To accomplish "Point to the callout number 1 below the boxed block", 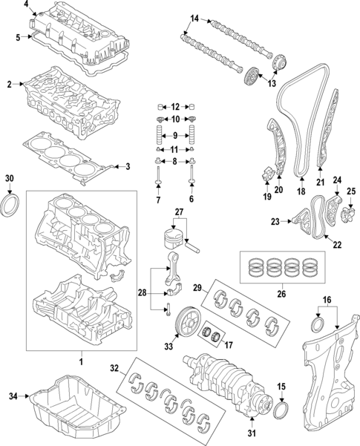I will [x=81, y=361].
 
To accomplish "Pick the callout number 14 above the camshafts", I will [x=194, y=18].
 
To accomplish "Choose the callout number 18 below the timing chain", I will [x=301, y=191].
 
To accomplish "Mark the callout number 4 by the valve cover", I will [x=27, y=6].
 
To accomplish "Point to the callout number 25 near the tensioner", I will [x=352, y=191].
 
